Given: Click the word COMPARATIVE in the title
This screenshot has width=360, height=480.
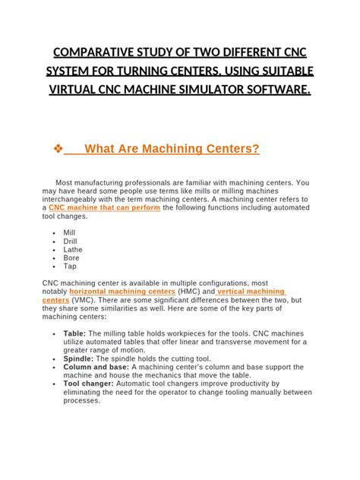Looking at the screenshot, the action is point(90,55).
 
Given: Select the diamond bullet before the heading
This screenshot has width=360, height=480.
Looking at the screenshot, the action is point(58,149).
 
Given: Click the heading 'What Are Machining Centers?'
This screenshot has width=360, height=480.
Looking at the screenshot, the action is point(172,149).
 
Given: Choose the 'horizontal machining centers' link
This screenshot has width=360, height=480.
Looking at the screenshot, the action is point(122,291).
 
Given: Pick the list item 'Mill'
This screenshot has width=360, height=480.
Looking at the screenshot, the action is point(69,233).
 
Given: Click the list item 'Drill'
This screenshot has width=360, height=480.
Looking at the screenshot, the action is point(71,242).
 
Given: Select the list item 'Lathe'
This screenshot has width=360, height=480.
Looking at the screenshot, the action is point(73,250).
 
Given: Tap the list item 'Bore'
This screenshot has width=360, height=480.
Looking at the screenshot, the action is point(71,258).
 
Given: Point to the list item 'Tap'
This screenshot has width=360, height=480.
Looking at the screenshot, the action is point(70,267).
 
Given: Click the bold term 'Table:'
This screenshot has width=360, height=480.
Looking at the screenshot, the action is point(74,333).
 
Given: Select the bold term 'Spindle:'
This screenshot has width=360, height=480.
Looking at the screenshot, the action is point(79,358).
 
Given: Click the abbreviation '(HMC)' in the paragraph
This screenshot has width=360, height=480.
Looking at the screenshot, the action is point(189,291).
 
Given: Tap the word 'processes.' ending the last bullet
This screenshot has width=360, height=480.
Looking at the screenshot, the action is point(82,401).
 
